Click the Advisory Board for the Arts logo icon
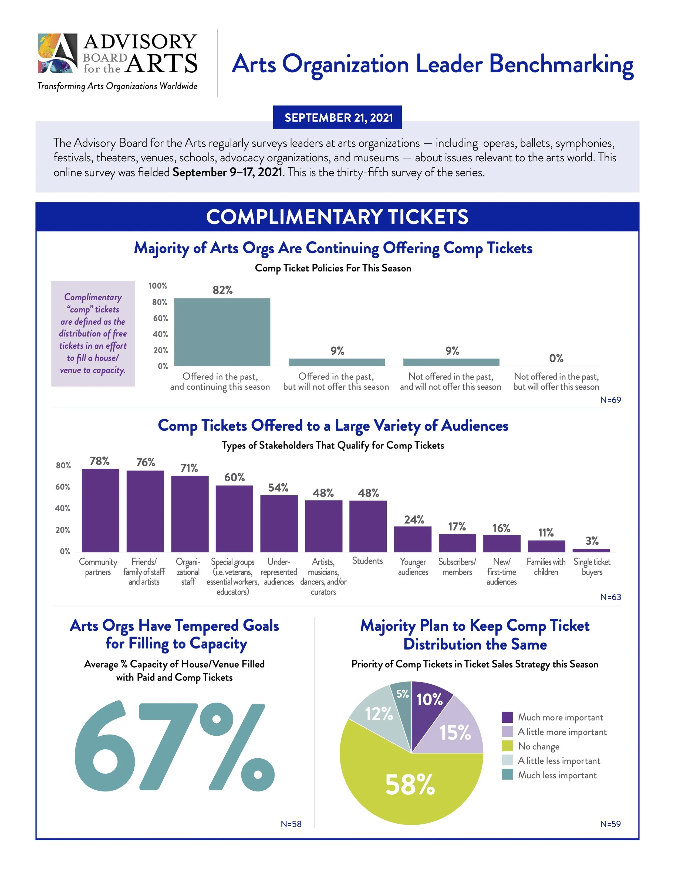pos(58,53)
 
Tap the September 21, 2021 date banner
pos(337,117)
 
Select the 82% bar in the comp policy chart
pos(222,332)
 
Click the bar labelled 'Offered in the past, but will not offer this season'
pos(337,362)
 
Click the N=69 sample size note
pos(610,400)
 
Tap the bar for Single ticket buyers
pos(591,551)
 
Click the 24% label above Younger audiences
pos(413,520)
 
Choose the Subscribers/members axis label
pos(457,567)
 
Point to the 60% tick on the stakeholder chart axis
pos(63,487)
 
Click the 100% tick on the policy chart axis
pos(158,286)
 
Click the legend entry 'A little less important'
pos(559,761)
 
